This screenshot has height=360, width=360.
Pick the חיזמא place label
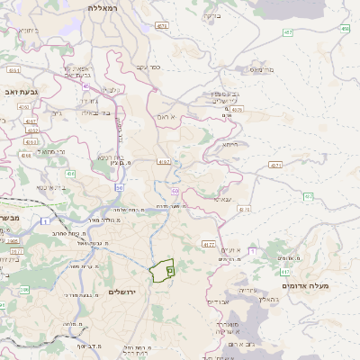(230, 144)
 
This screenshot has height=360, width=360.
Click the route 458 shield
(346, 29)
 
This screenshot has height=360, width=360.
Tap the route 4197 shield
(163, 162)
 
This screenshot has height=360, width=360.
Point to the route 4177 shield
(208, 244)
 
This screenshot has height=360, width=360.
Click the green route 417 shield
(285, 271)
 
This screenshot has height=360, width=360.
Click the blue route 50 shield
(119, 187)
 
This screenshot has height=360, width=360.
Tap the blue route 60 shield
(175, 191)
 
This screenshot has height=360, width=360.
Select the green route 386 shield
(24, 290)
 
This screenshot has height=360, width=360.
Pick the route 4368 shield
(31, 140)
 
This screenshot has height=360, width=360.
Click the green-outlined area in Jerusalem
(161, 270)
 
